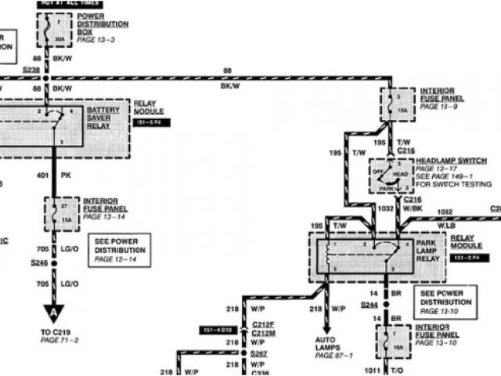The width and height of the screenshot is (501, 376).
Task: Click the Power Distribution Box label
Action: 102,23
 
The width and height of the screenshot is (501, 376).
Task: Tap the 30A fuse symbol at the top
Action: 52,32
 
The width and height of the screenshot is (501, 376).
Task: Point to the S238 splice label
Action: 31,70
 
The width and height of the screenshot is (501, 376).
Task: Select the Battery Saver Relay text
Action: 103,117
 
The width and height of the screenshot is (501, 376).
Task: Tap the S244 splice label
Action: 369,303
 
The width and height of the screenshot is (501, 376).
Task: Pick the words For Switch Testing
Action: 453,184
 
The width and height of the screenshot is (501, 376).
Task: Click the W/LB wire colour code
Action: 445,225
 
